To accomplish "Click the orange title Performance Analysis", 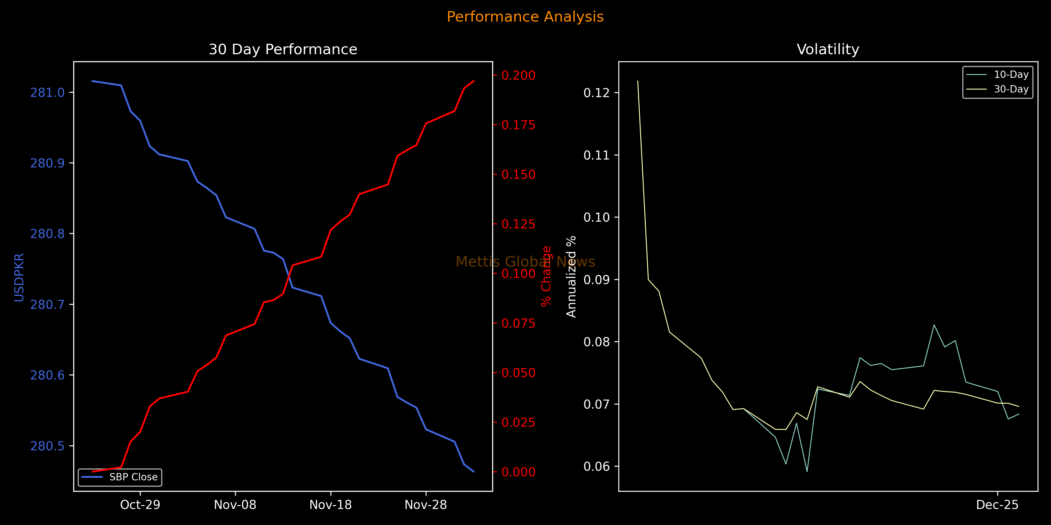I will coord(525,17).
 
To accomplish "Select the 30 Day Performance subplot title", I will coord(283,49).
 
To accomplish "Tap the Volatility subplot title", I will coord(828,49).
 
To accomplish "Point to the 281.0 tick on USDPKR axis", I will coord(47,92).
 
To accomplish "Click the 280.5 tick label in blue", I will coord(47,446).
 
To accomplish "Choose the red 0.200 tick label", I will coord(518,76).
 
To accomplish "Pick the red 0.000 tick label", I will coord(518,472).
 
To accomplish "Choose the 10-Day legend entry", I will coord(1011,75).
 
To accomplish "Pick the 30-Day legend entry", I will coord(1011,89).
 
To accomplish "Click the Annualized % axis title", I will coord(571,276).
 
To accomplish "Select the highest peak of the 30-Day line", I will coord(638,81).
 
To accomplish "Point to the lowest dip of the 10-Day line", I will coord(807,472).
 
